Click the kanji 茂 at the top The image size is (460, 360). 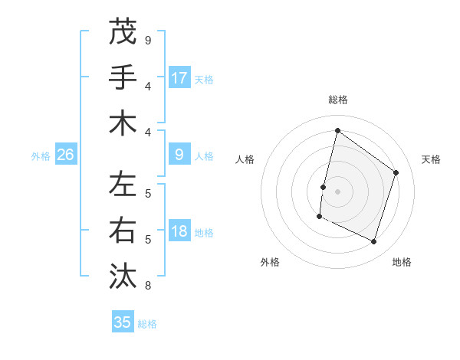point(123,31)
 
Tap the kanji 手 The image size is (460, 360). point(123,77)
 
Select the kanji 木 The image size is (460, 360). point(123,123)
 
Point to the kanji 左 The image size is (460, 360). point(123,185)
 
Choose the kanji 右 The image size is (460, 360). point(123,231)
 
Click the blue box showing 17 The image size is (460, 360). point(179,78)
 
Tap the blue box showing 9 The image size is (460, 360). point(179,155)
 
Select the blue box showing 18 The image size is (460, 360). point(179,231)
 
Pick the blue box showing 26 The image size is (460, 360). point(66,155)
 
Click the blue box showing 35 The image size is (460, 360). point(123,322)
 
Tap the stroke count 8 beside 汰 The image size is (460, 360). point(148,286)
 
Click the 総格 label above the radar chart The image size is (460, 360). point(337,100)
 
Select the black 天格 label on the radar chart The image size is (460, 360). point(431,159)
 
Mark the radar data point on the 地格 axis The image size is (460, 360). point(374,242)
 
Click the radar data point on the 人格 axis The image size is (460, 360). point(324,187)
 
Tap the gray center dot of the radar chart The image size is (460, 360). point(337,191)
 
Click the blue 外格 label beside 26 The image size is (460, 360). point(41,155)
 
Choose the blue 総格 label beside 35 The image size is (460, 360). point(147,324)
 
